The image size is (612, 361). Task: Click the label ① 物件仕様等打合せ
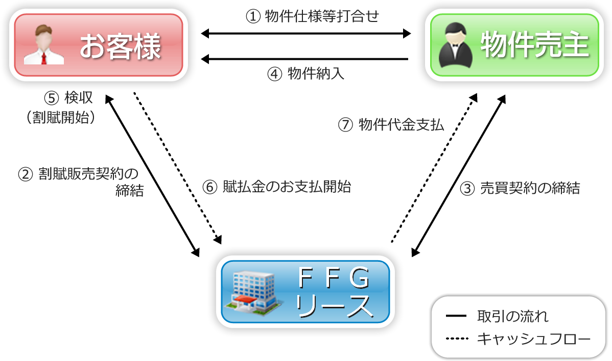[312, 17]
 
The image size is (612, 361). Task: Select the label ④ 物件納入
[305, 74]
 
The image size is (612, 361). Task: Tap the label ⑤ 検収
[68, 97]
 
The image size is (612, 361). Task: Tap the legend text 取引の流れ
[512, 316]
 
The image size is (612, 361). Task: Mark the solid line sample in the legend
[456, 316]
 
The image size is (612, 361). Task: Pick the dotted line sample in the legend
[456, 338]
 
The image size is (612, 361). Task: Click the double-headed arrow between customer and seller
[305, 34]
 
